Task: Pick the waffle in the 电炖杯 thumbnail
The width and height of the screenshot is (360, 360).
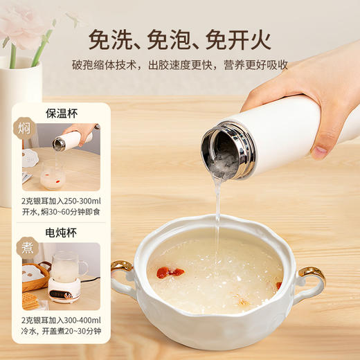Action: [30, 300]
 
